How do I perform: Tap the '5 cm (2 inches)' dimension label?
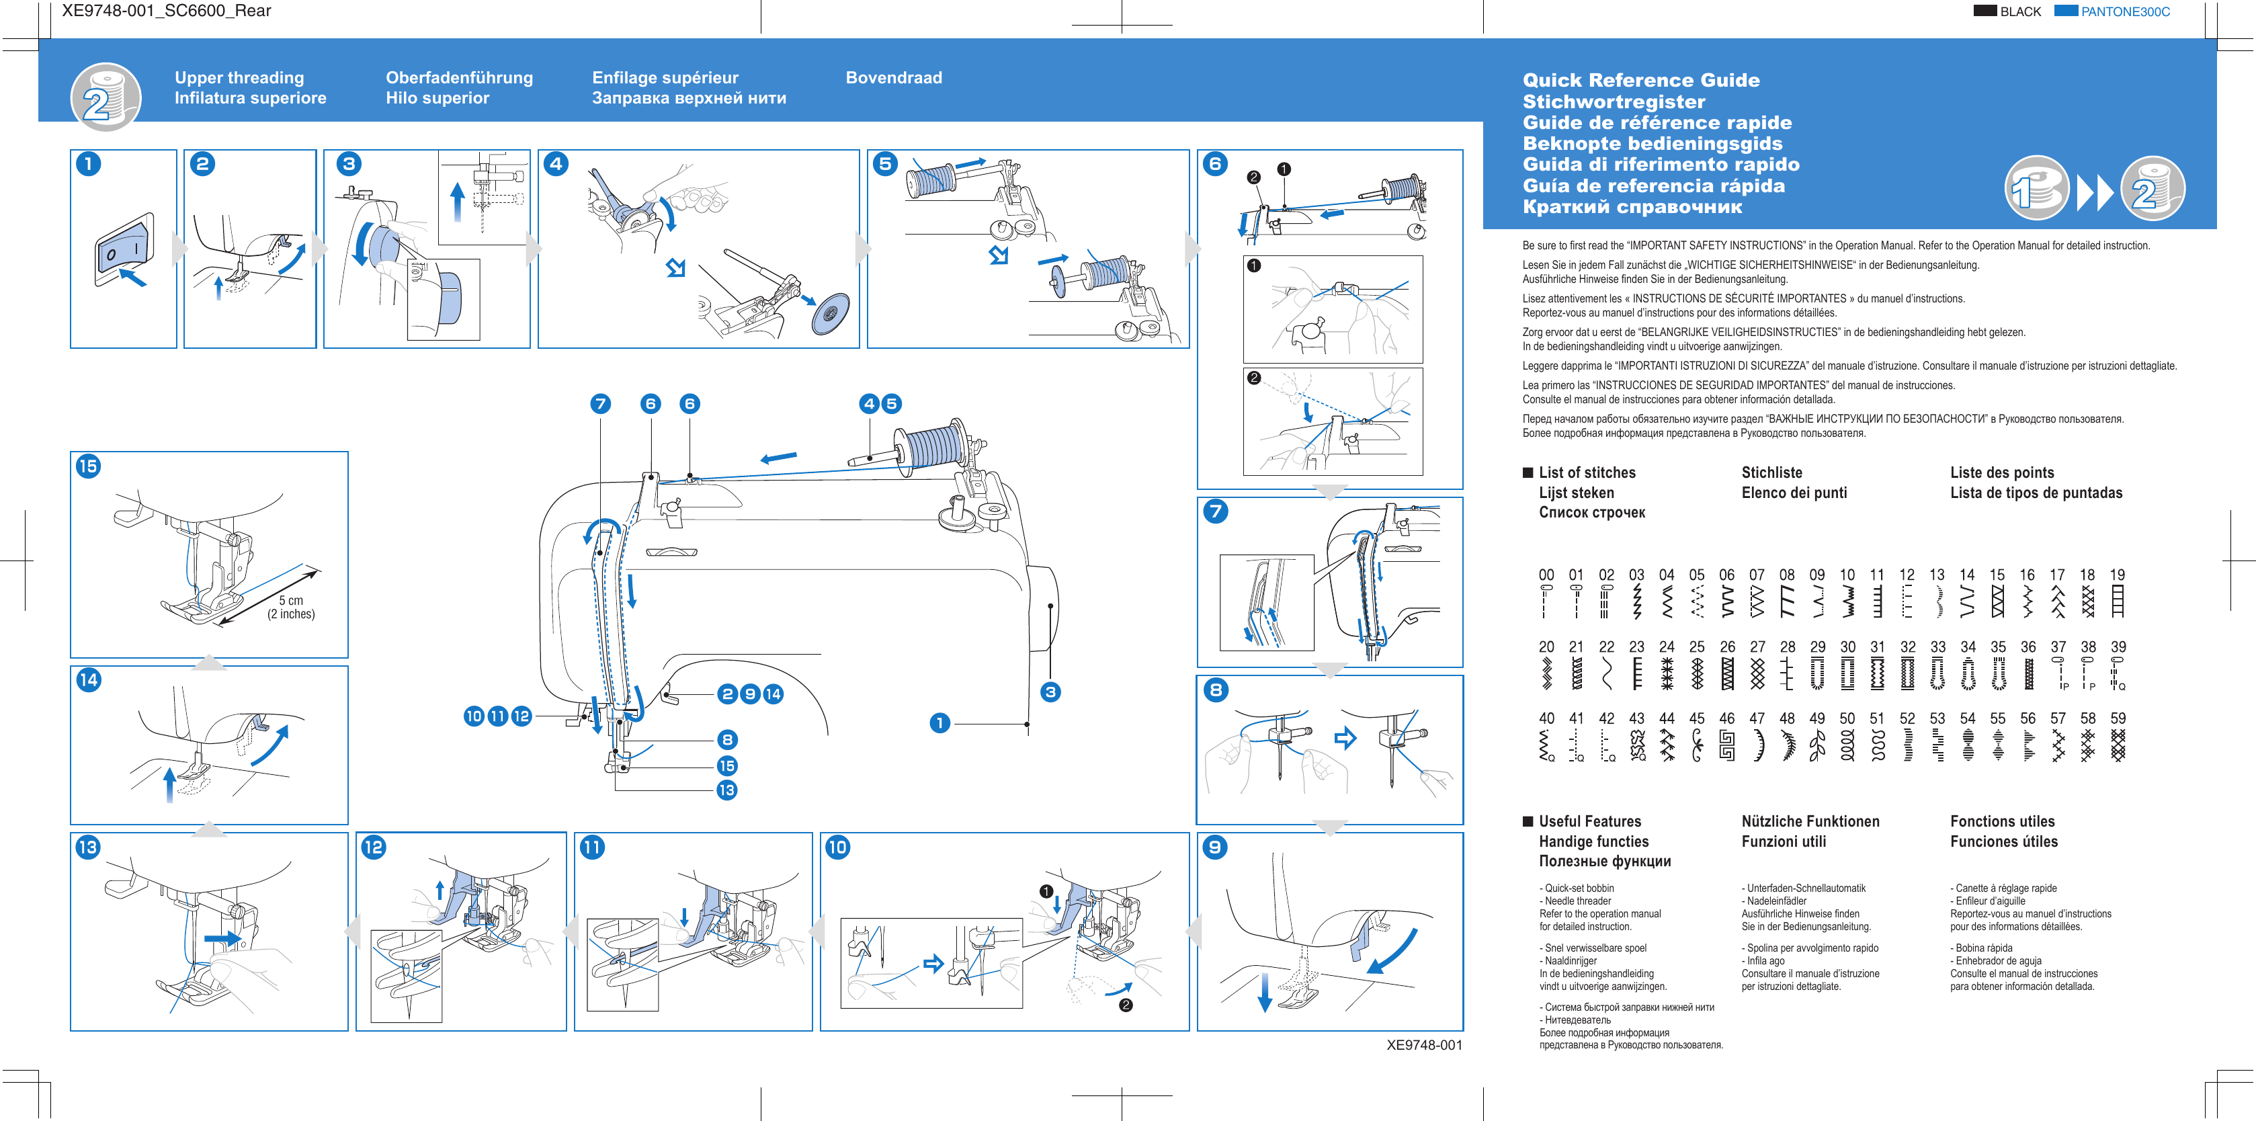pos(291,607)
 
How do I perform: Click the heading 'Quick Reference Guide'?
pos(1640,81)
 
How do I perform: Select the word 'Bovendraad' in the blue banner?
pos(893,78)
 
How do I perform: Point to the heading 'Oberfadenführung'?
pos(459,78)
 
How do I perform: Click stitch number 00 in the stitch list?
pos(1546,575)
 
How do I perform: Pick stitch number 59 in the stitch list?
pos(2118,719)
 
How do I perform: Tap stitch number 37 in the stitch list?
pos(2058,647)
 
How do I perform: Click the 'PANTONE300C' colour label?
pos(2125,12)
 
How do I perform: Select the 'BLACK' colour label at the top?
pos(2019,12)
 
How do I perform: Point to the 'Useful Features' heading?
pos(1589,821)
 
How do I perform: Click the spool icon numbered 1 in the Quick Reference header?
pos(2036,188)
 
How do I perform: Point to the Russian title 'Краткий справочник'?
pos(1632,208)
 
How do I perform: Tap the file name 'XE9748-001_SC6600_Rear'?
pos(167,11)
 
